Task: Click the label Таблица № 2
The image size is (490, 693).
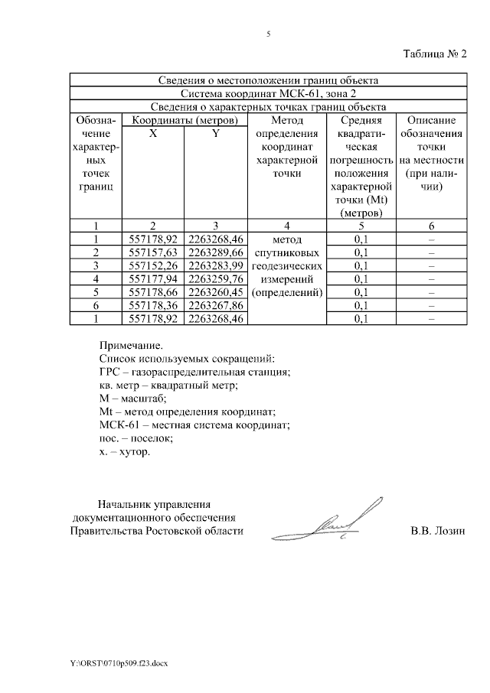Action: [x=434, y=54]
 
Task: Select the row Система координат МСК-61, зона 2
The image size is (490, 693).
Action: [x=268, y=93]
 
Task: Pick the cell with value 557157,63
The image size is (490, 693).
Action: [x=153, y=252]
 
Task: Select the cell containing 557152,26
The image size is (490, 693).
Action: [x=153, y=265]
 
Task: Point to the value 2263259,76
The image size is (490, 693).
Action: [x=216, y=278]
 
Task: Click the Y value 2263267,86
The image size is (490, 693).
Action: [x=216, y=306]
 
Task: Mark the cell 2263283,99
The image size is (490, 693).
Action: [x=216, y=265]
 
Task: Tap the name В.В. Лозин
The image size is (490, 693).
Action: [x=437, y=530]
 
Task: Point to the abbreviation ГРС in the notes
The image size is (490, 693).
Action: [x=109, y=372]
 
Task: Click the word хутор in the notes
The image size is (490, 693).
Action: [x=134, y=452]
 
